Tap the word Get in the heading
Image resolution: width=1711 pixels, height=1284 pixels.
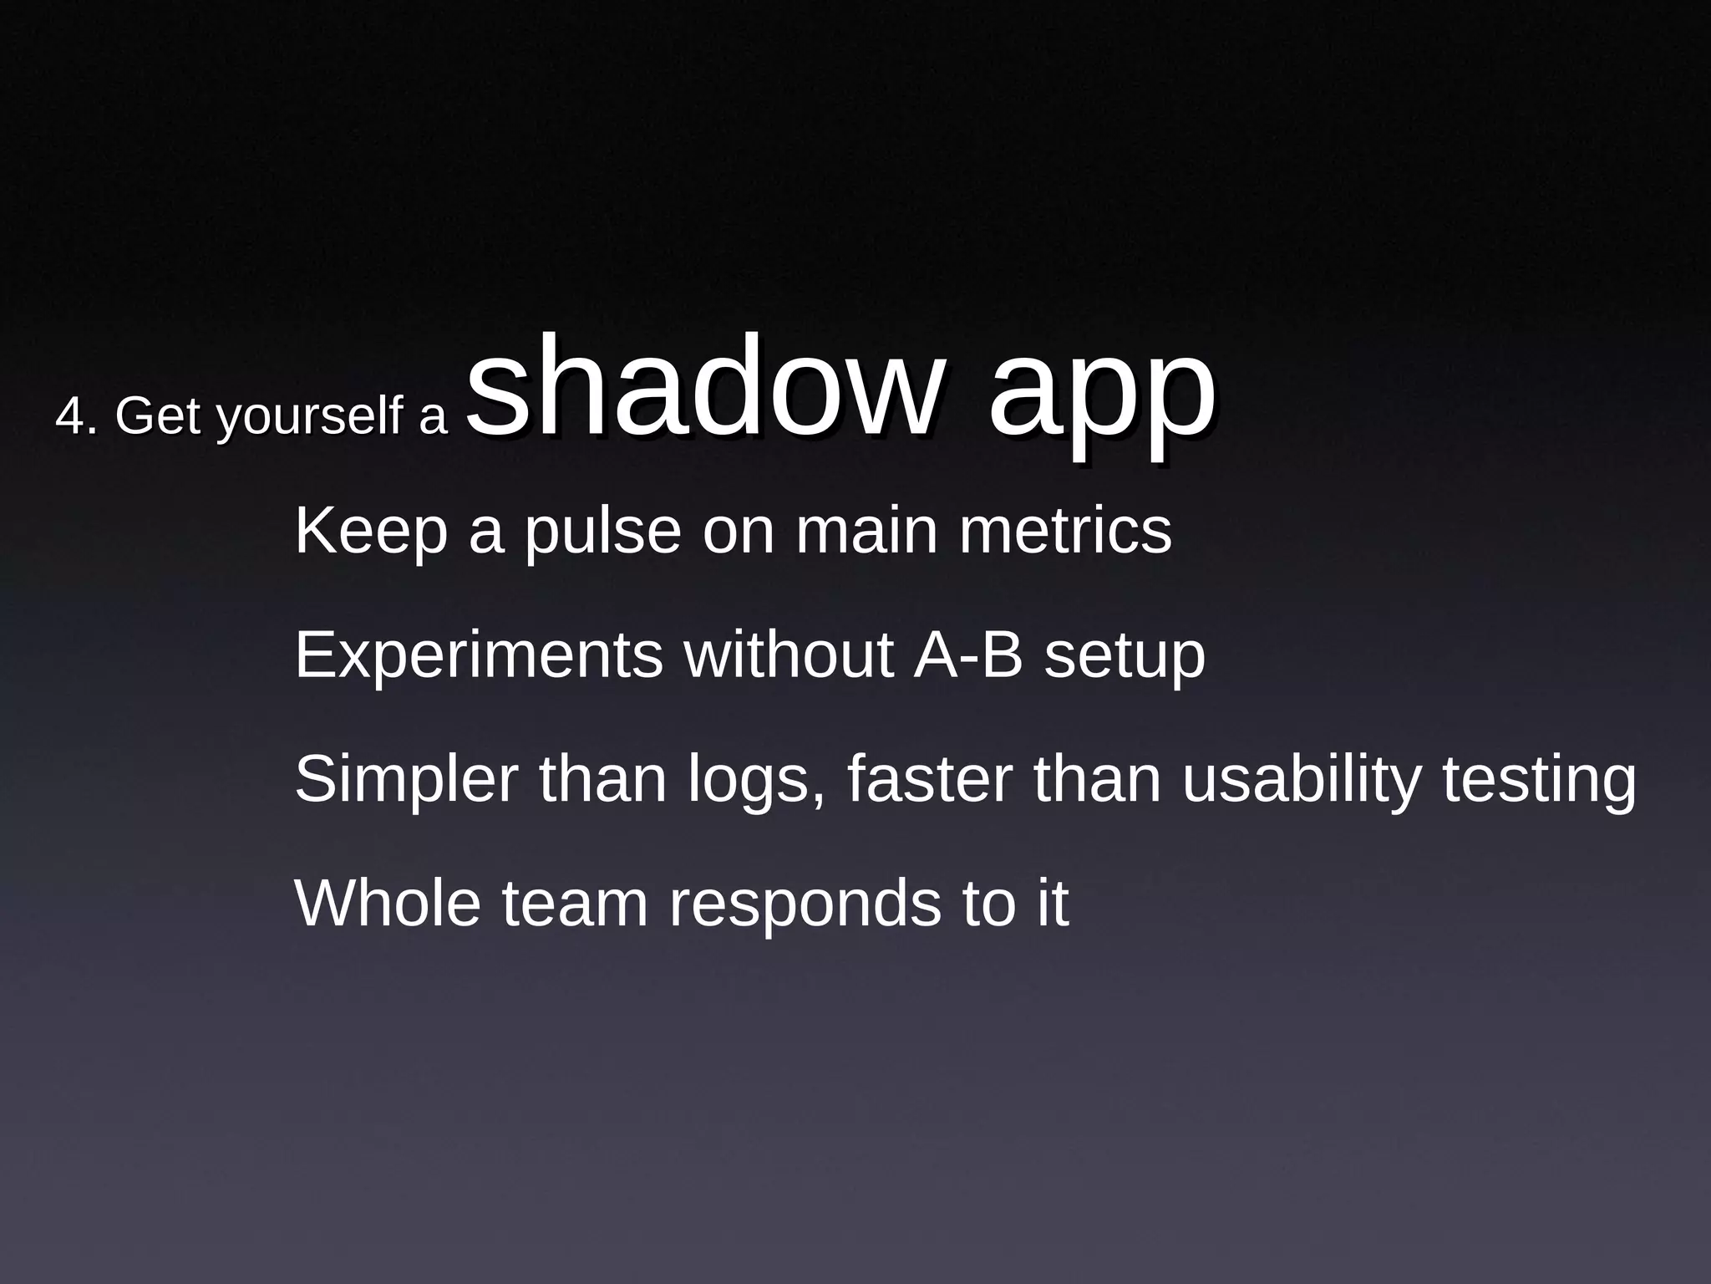pyautogui.click(x=158, y=415)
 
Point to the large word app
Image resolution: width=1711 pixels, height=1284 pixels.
pyautogui.click(x=1102, y=393)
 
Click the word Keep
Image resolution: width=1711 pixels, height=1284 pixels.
pyautogui.click(x=371, y=532)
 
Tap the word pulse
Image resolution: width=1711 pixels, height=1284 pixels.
pyautogui.click(x=602, y=532)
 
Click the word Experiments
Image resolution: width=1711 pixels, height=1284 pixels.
pyautogui.click(x=479, y=655)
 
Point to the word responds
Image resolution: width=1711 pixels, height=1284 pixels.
pyautogui.click(x=805, y=904)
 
